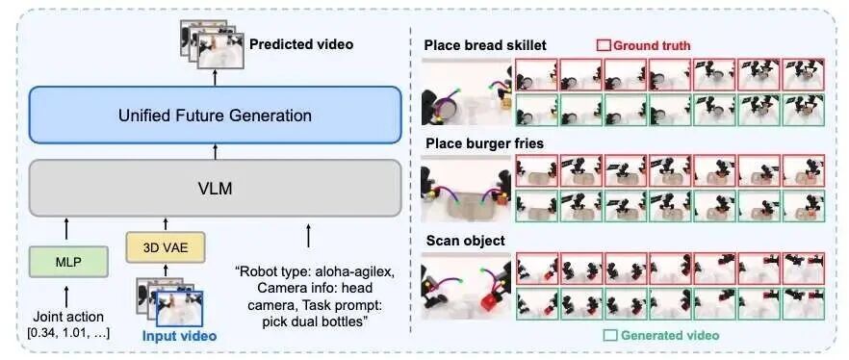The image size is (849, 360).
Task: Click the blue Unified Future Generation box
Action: tap(215, 115)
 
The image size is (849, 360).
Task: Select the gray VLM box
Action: tap(215, 188)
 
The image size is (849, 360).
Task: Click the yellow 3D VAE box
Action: tap(166, 247)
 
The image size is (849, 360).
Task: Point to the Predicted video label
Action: tap(301, 44)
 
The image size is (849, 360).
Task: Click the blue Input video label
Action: tap(179, 336)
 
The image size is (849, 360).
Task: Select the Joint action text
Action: tap(67, 317)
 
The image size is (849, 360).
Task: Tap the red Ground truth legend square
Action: tap(604, 45)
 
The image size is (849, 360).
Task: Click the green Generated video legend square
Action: tap(610, 335)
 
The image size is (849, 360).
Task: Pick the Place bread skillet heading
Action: tap(485, 45)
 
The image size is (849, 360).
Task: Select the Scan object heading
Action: tap(466, 240)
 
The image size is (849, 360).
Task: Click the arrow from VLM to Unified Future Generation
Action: tap(215, 152)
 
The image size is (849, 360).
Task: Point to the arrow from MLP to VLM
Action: tap(66, 228)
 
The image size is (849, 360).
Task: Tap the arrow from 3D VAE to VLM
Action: tap(166, 223)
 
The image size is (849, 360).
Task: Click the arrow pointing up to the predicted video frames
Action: tap(215, 77)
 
